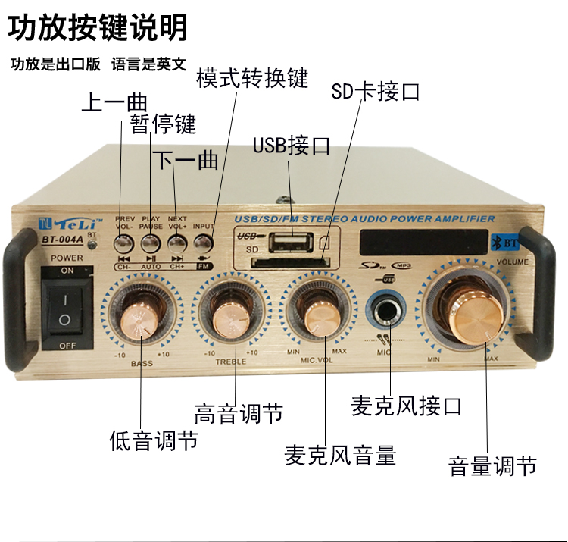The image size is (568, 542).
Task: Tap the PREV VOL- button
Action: click(123, 243)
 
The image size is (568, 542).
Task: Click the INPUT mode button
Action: click(202, 243)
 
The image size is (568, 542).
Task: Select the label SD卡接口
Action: click(376, 92)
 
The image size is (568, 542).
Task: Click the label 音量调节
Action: click(492, 465)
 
